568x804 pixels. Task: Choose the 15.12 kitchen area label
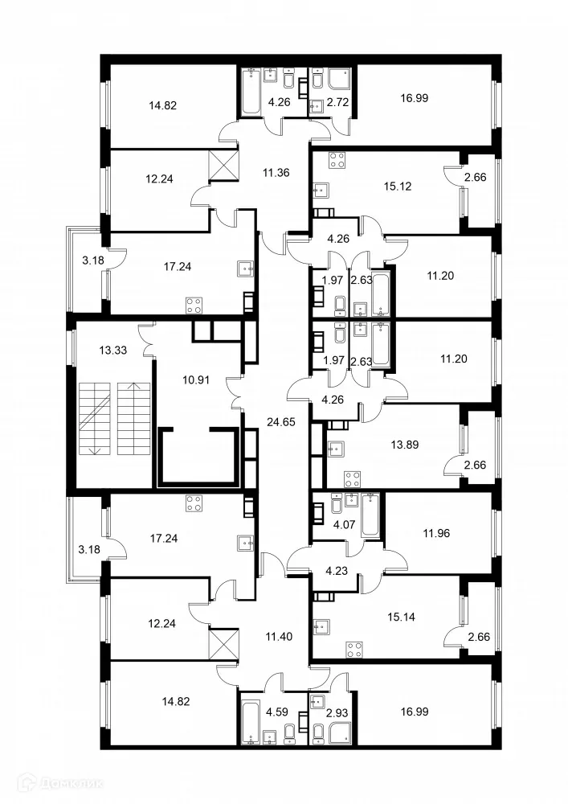pos(400,184)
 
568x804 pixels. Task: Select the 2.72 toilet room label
pos(335,102)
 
